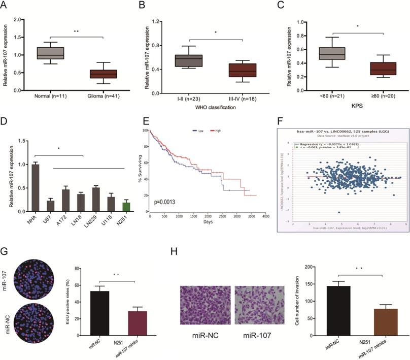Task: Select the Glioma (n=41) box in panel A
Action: click(104, 74)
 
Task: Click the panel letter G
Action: click(5, 252)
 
